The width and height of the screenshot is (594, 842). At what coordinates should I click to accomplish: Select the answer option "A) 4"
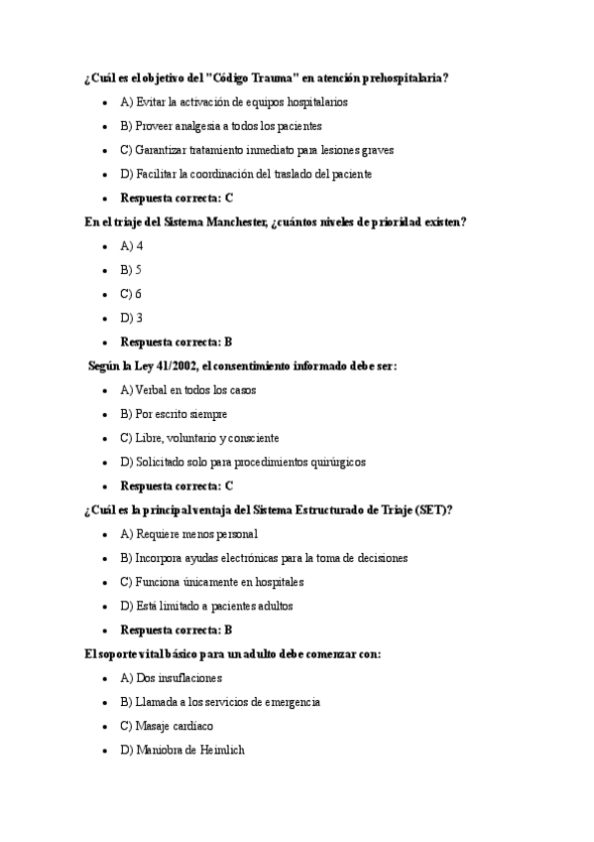(131, 245)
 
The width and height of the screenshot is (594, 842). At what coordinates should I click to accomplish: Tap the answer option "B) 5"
(131, 269)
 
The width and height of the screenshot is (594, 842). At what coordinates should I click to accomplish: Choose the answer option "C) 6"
(131, 294)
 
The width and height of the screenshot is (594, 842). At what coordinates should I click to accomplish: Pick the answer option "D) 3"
(131, 318)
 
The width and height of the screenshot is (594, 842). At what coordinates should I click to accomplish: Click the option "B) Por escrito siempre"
(174, 414)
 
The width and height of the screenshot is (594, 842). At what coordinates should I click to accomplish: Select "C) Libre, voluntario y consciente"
(199, 438)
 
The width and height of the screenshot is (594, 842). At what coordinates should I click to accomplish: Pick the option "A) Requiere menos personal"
(188, 534)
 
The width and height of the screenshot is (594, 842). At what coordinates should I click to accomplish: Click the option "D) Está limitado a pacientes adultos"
(206, 606)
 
